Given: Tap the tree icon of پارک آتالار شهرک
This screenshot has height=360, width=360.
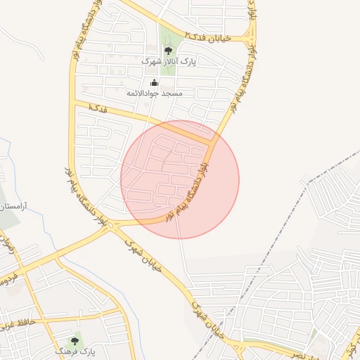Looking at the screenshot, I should click(167, 51).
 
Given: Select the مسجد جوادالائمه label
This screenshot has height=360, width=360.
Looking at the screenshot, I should click(155, 93).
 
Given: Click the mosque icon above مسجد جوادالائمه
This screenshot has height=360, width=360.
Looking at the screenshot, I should click(155, 82).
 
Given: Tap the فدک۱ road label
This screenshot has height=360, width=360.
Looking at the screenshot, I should click(99, 108).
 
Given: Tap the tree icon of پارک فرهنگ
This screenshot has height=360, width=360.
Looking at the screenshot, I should click(75, 341).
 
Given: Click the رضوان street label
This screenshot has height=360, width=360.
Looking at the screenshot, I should click(8, 245).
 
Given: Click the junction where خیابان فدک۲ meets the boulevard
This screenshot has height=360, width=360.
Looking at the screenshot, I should click(251, 37).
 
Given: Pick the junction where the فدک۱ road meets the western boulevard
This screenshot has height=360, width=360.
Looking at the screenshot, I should click(73, 103).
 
